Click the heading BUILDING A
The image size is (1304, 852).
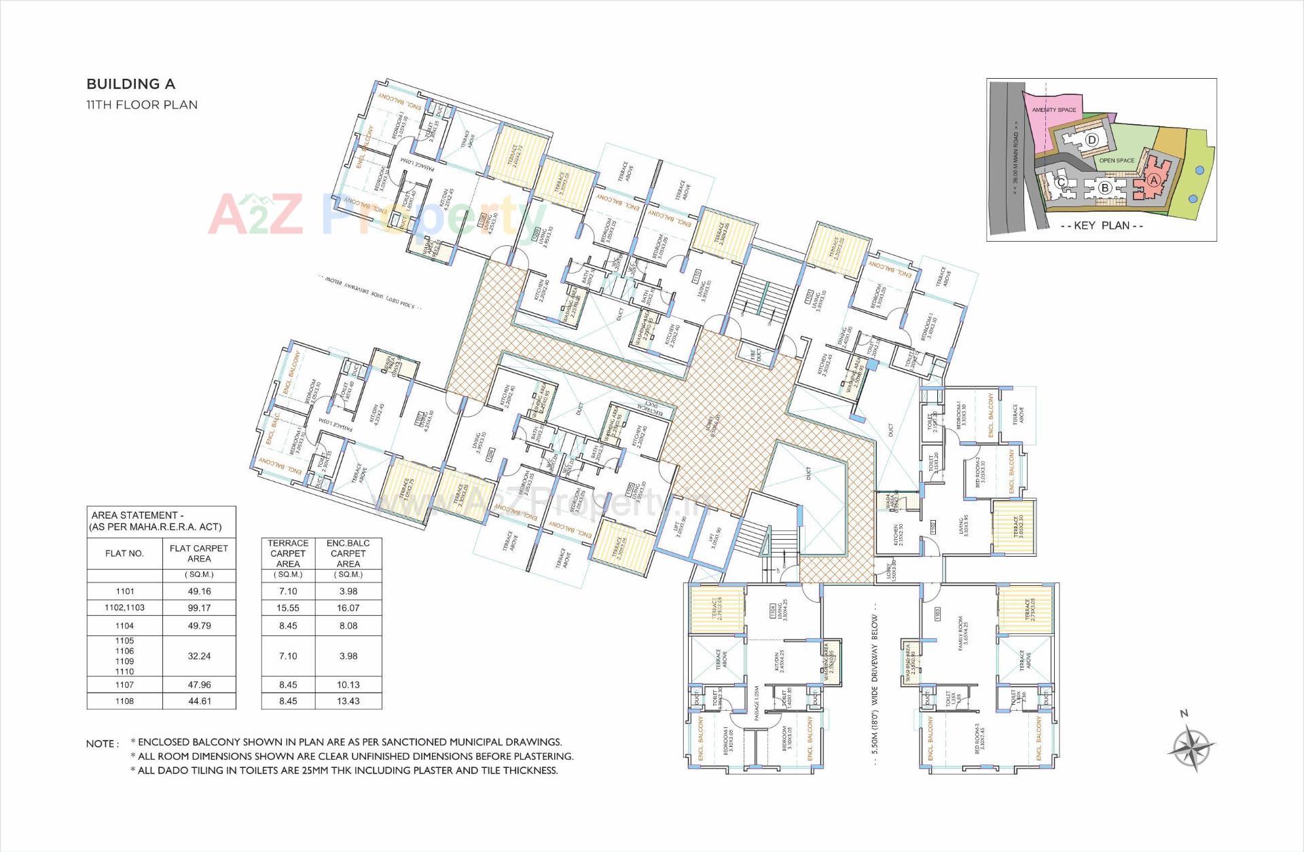pyautogui.click(x=130, y=84)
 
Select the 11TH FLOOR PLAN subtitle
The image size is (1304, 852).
pyautogui.click(x=141, y=105)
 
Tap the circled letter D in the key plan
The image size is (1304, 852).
pyautogui.click(x=1091, y=140)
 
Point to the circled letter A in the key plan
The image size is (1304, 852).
pyautogui.click(x=1153, y=180)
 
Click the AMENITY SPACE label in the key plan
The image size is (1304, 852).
pyautogui.click(x=1053, y=109)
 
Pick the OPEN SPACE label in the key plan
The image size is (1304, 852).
pyautogui.click(x=1117, y=160)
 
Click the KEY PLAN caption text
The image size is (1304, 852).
pyautogui.click(x=1101, y=225)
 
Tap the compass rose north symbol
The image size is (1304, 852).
pyautogui.click(x=1191, y=747)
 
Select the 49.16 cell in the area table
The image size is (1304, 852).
pyautogui.click(x=199, y=591)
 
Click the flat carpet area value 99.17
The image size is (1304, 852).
pyautogui.click(x=199, y=608)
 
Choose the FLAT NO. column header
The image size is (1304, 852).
pyautogui.click(x=124, y=553)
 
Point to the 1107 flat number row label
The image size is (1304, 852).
pyautogui.click(x=124, y=685)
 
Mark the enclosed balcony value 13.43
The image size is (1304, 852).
pyautogui.click(x=348, y=701)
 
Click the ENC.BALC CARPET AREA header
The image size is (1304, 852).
pyautogui.click(x=348, y=553)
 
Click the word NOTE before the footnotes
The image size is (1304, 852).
pyautogui.click(x=102, y=744)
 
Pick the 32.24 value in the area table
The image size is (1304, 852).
pyautogui.click(x=199, y=656)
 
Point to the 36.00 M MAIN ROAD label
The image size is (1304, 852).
pyautogui.click(x=1016, y=158)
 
